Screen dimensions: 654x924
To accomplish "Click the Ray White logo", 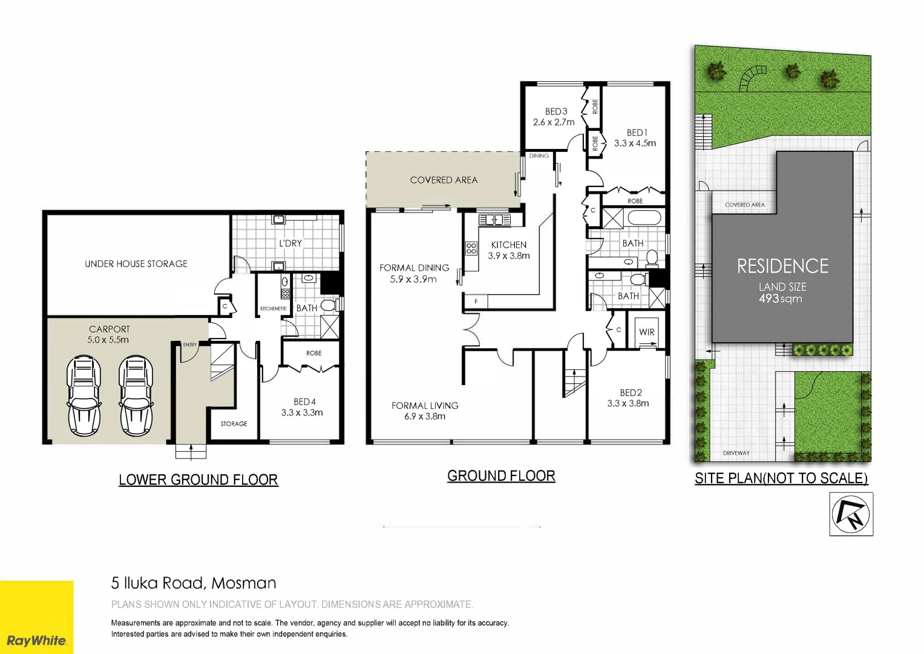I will pos(36,640).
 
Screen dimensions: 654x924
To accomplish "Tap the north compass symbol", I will pos(851,514).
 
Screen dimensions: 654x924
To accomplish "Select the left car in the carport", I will pos(84,395).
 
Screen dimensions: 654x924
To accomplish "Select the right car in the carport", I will pos(136,395).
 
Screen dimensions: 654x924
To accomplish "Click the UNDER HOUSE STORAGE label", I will pos(136,264).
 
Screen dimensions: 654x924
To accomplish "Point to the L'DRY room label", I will pos(290,243).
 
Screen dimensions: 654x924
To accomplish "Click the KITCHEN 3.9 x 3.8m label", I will pos(509,250).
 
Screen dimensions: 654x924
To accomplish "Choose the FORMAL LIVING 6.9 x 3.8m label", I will pos(425,411).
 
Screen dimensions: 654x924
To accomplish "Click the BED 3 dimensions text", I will pos(554,122).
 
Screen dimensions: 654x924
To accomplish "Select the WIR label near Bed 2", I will pos(647,332).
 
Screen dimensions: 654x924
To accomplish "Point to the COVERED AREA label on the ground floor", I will pos(444,180).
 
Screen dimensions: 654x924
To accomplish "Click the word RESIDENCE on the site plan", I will pos(782,266).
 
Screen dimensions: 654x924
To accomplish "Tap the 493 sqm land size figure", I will pos(781,299).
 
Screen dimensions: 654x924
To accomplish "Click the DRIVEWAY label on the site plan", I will pos(736,453).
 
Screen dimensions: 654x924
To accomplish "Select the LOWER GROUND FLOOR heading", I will pos(198,480).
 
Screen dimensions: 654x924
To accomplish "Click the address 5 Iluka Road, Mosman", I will pos(194,583).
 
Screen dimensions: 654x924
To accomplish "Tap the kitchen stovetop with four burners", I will pos(471,248).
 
